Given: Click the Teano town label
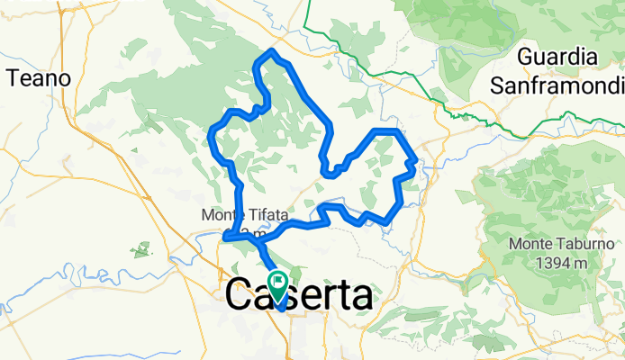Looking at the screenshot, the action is pyautogui.click(x=38, y=77).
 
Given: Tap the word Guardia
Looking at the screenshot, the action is pyautogui.click(x=558, y=58).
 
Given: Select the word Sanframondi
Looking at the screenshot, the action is pyautogui.click(x=558, y=85).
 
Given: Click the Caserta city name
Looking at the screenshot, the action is pyautogui.click(x=299, y=295).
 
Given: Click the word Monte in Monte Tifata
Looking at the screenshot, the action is pyautogui.click(x=220, y=216).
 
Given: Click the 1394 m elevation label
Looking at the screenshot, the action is pyautogui.click(x=548, y=263).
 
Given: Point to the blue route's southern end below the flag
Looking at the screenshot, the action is pyautogui.click(x=282, y=308).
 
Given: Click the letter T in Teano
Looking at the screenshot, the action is pyautogui.click(x=12, y=77).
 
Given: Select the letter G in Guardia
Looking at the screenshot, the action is pyautogui.click(x=528, y=58).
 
